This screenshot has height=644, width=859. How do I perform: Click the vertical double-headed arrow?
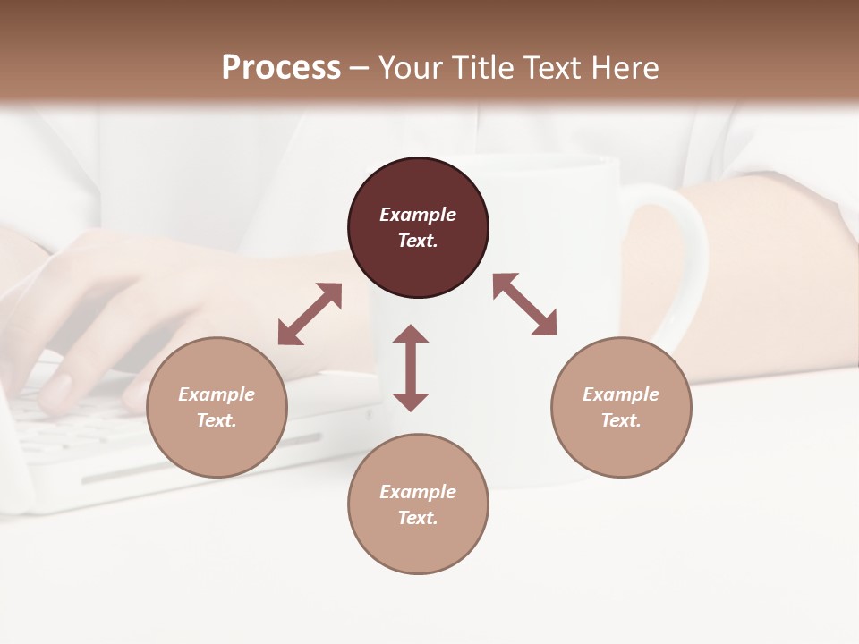411,368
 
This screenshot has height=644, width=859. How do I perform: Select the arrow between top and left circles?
310,314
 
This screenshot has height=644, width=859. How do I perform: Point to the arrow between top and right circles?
524,304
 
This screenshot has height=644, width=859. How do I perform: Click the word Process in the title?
281,67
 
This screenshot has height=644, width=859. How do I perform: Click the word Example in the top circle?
418,215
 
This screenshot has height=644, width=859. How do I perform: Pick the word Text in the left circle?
217,420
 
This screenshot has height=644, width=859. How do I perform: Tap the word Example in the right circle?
621,394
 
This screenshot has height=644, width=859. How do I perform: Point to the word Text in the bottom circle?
418,518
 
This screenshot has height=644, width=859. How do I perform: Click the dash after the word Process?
360,69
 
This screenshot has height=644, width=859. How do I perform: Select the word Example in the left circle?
217,394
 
